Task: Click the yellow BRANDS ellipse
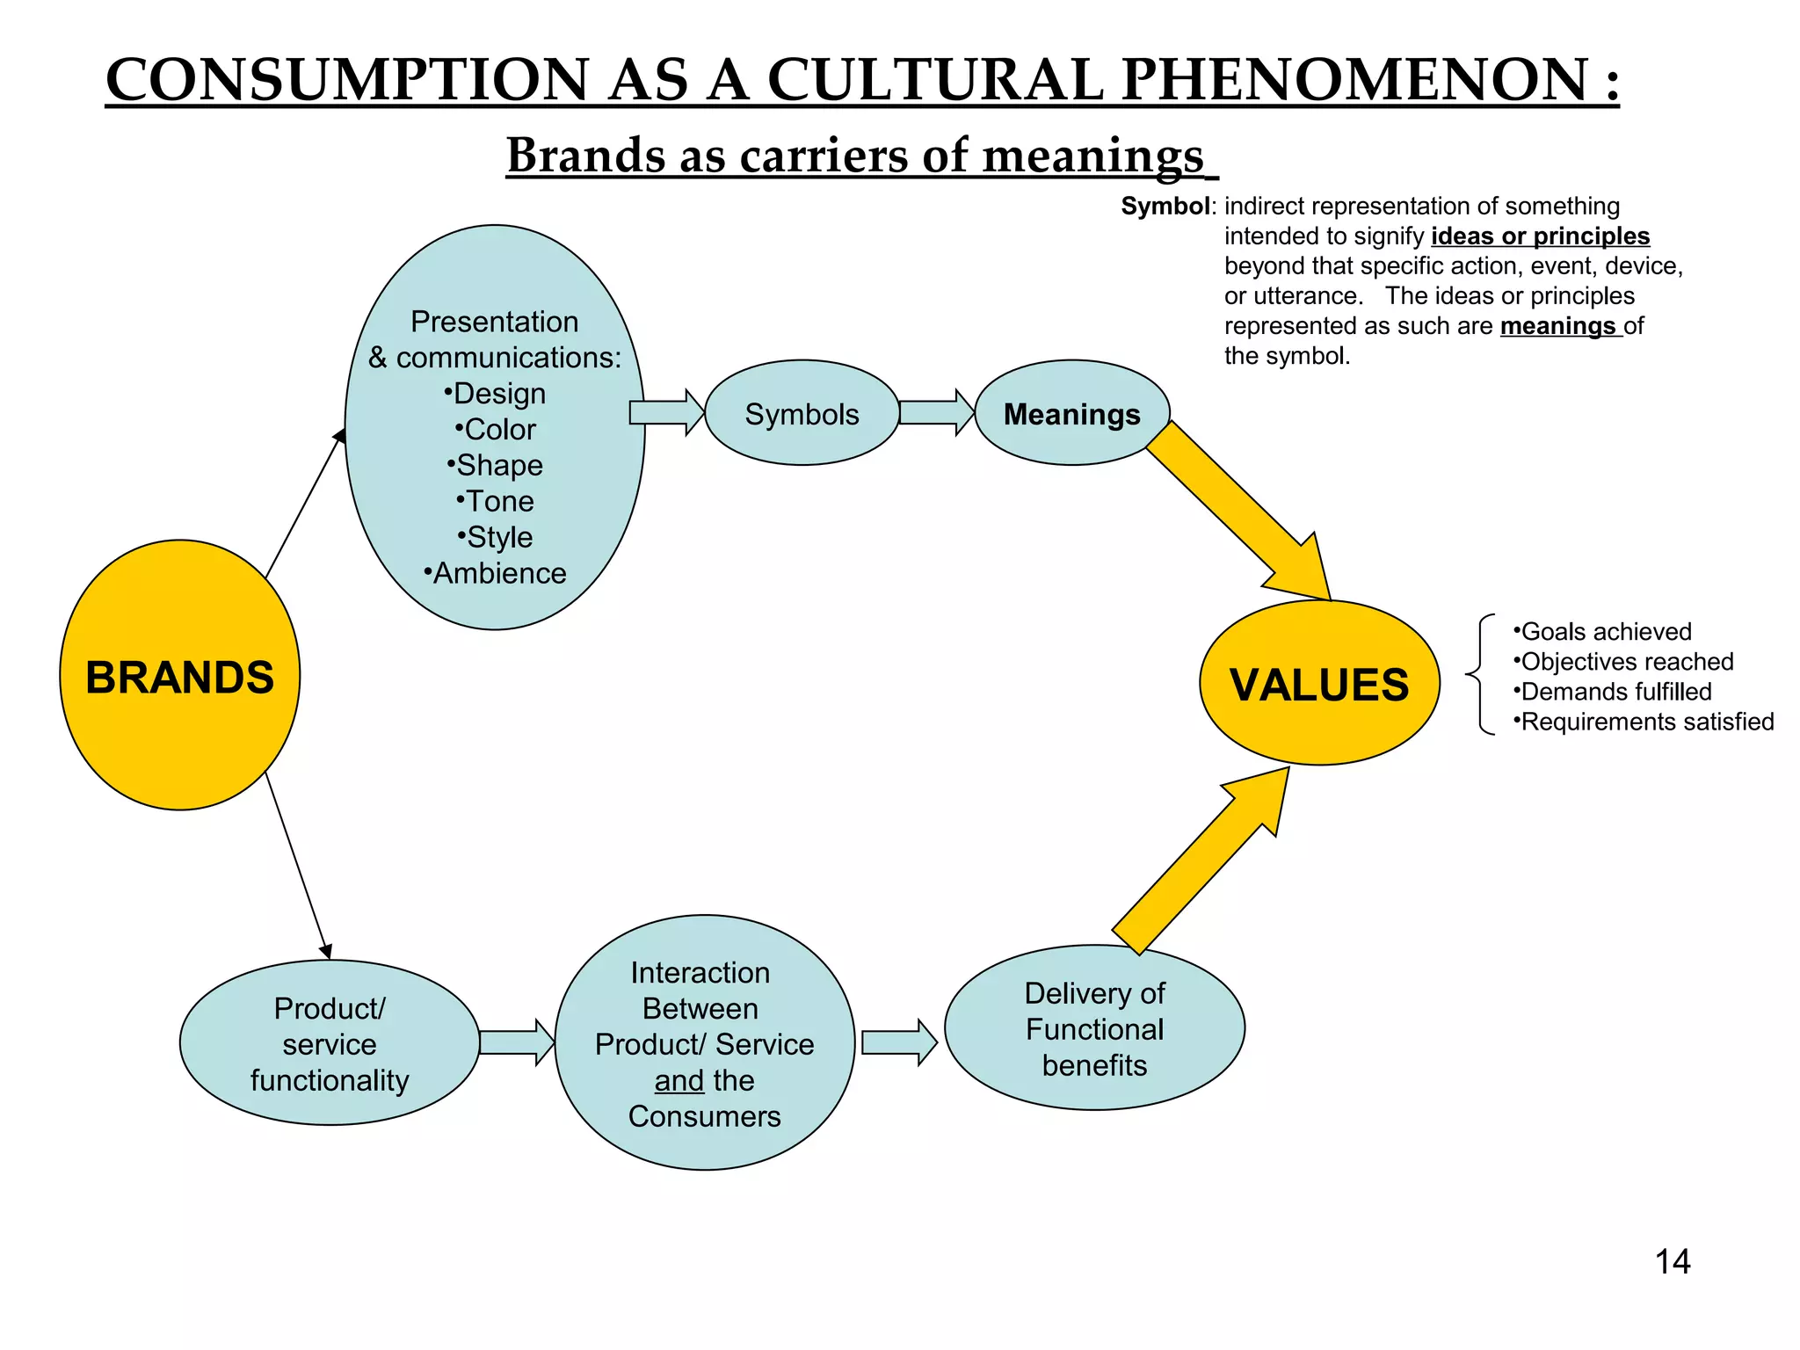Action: click(180, 675)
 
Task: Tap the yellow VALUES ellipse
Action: click(1318, 684)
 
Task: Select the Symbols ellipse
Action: click(802, 413)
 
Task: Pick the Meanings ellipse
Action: click(1071, 413)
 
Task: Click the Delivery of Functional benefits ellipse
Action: click(1094, 1028)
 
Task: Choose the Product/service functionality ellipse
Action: click(330, 1043)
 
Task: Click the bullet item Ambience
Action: click(497, 573)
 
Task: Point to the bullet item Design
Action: click(497, 394)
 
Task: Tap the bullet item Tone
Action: click(497, 501)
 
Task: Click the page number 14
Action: click(1672, 1262)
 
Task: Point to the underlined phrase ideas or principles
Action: click(1540, 236)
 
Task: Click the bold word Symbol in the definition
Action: click(1165, 207)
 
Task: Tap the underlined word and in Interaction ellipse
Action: click(679, 1080)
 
